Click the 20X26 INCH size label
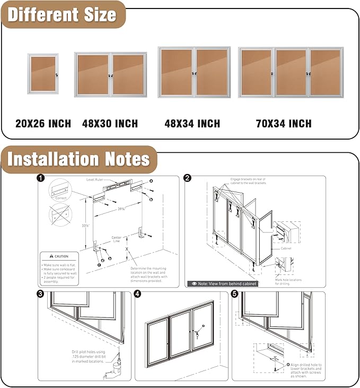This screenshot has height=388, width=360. click(x=43, y=124)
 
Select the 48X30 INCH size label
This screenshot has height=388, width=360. click(x=110, y=124)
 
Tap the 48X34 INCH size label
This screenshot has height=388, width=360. click(x=192, y=124)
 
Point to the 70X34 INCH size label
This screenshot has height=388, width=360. click(x=284, y=124)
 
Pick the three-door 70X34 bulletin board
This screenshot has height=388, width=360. click(x=291, y=72)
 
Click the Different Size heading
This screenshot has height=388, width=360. click(x=62, y=14)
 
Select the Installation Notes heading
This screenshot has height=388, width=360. click(x=78, y=159)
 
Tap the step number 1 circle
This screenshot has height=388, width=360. click(x=41, y=179)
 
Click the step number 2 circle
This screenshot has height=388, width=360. click(x=188, y=179)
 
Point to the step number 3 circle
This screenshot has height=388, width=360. click(x=41, y=294)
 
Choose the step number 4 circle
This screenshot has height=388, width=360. click(x=138, y=294)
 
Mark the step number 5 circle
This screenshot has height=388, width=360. click(x=235, y=294)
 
